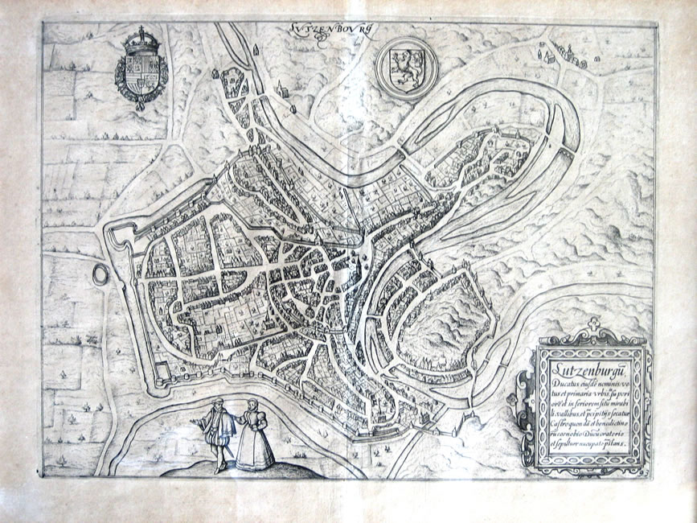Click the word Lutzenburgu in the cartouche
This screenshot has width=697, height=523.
(x=583, y=369)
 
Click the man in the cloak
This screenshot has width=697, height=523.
(x=218, y=435)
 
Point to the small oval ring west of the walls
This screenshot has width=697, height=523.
(x=101, y=274)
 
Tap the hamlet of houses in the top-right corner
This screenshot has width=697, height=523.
(x=560, y=55)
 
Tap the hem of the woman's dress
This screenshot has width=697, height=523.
(x=256, y=465)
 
